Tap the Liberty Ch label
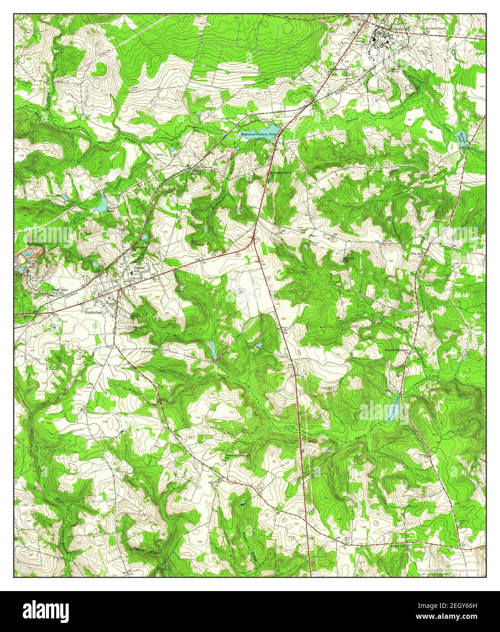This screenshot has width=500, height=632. (349, 259)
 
